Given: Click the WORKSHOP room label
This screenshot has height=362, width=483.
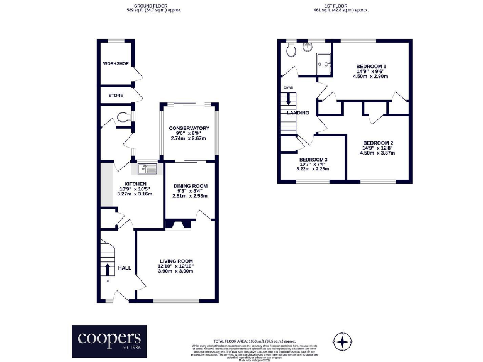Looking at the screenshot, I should (116, 64).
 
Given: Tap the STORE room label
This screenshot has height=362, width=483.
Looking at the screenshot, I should (116, 96).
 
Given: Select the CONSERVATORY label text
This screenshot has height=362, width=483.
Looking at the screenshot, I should (189, 128).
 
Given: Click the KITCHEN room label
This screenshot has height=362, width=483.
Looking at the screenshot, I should (118, 184).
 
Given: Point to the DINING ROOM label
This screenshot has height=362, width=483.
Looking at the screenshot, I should (190, 186).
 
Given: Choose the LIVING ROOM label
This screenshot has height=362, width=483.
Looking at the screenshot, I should (175, 261).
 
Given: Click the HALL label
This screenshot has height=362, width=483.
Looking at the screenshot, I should (125, 268).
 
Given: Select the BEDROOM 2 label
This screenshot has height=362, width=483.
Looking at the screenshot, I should (378, 142).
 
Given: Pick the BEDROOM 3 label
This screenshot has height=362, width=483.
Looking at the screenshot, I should (313, 160).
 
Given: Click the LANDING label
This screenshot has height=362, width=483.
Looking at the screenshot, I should (297, 113).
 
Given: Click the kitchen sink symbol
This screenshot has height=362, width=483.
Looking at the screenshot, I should (147, 168).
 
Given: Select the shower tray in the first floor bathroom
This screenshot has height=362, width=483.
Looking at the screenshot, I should (326, 62).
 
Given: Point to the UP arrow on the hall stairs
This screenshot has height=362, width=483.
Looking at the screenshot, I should (107, 270).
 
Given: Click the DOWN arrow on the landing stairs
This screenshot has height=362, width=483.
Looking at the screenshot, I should (289, 98).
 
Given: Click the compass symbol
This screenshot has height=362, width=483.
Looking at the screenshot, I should (342, 341).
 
